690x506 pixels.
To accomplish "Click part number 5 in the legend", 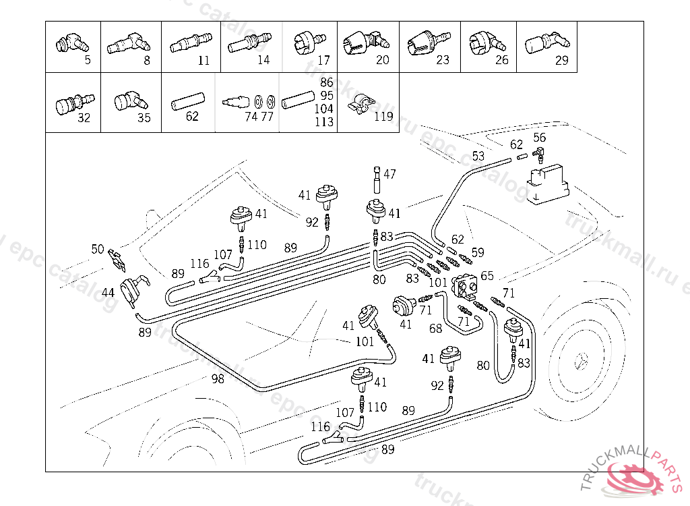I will pos(88,60).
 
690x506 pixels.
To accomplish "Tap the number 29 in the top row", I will pos(562,60).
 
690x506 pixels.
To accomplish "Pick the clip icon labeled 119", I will pos(360,105).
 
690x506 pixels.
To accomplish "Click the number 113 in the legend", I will pos(324,122).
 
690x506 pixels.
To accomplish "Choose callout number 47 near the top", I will pos(389,174).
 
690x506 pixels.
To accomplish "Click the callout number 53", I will pos(478,156).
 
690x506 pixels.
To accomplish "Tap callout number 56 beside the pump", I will pos(539,138).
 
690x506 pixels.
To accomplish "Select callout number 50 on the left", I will pos(98,250).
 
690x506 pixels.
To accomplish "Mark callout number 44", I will pos(108,292).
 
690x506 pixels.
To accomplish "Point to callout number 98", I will pos(217,379).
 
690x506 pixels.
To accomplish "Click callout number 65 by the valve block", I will pos(487,275).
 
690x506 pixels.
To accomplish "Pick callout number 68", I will pos(436,329).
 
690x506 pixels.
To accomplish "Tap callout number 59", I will pos(478,253).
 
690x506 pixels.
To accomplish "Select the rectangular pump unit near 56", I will pos(549,181).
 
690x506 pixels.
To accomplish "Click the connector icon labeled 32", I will pos(65,105).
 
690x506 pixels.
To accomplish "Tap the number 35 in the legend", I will pos(144,119).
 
